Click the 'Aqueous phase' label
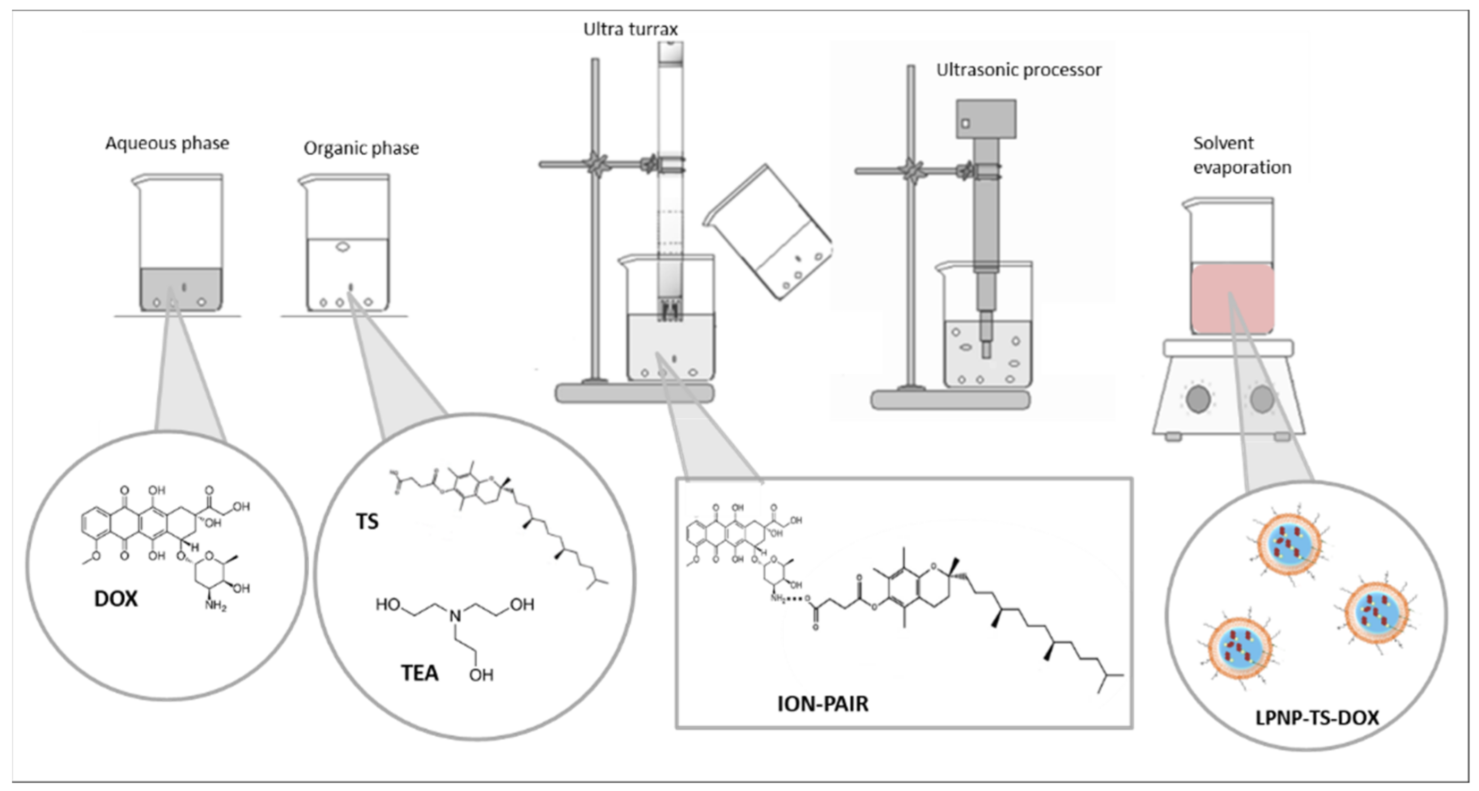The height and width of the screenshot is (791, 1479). (167, 143)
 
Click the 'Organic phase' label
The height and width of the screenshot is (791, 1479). (361, 148)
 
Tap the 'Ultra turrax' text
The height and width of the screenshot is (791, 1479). (631, 29)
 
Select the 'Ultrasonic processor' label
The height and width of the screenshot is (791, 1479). (1018, 70)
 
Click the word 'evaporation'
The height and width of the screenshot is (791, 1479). (1242, 168)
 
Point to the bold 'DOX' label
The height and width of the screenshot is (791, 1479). (116, 599)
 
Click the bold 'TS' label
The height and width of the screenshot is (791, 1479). (367, 521)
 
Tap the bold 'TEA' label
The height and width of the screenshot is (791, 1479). (419, 672)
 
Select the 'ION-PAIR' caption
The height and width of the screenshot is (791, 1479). (822, 704)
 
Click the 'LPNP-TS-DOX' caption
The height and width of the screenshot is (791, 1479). (1317, 718)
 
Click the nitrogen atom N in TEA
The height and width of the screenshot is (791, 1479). (455, 616)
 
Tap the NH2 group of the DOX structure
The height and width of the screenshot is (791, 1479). (216, 605)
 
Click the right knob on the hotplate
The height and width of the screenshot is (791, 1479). (1262, 399)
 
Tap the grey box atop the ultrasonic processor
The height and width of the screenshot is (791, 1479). (986, 119)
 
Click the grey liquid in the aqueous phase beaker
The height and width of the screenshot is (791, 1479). (181, 289)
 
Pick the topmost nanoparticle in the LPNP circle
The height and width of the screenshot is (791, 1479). (1289, 543)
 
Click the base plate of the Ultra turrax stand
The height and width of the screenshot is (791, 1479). (634, 393)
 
